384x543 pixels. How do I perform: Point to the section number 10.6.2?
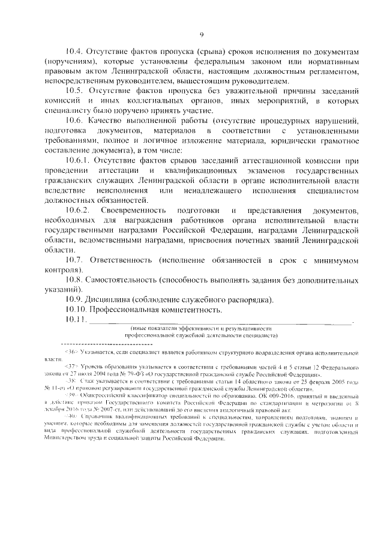(x=80, y=211)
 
